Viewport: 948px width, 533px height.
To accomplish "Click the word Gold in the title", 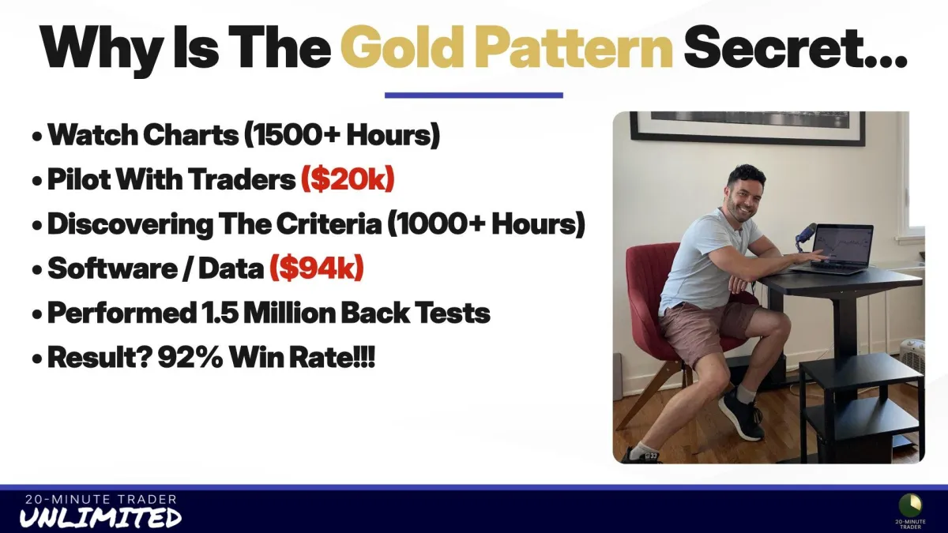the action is (x=400, y=47).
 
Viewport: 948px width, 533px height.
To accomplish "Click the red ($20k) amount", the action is (x=348, y=179).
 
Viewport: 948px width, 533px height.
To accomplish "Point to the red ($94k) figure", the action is (x=317, y=268).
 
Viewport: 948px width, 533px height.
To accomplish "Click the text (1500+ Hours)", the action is (x=342, y=135).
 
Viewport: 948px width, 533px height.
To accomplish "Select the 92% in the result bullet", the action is (x=190, y=358).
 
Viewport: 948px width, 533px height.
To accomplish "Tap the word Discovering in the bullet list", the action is (x=130, y=224).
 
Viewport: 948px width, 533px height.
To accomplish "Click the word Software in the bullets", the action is (x=112, y=268).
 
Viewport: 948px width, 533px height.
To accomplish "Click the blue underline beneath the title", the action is (x=473, y=96).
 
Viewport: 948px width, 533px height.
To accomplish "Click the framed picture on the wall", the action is (x=747, y=127).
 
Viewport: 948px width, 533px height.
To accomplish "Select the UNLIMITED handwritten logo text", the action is (x=101, y=518).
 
